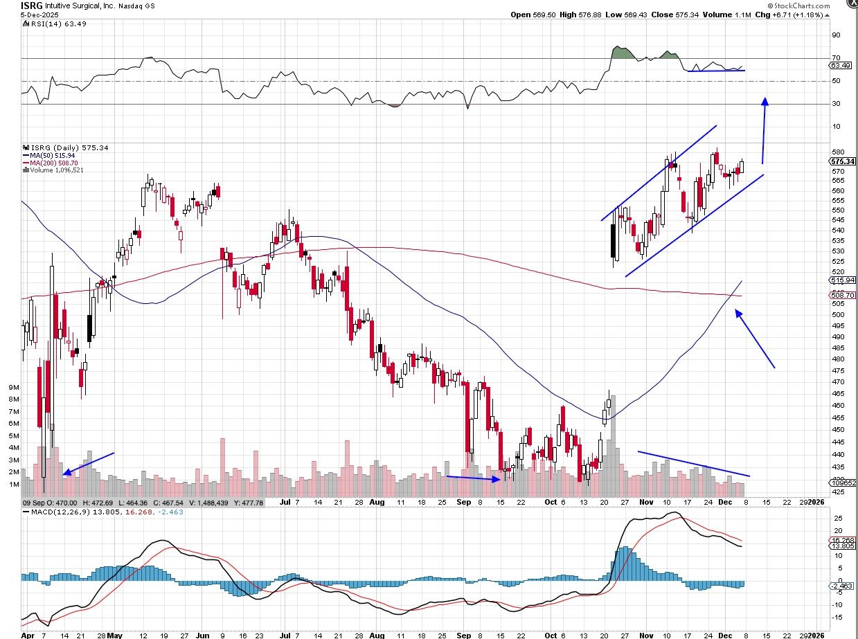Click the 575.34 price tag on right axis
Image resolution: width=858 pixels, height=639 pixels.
[843, 162]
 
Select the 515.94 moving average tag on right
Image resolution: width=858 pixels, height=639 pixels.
[843, 280]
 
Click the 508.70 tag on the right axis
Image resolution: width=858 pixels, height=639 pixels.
[843, 295]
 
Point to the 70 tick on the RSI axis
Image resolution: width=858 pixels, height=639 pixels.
[836, 58]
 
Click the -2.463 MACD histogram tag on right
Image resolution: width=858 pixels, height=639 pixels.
[843, 586]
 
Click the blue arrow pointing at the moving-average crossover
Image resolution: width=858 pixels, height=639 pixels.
[754, 339]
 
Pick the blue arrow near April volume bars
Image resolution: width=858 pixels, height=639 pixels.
[89, 463]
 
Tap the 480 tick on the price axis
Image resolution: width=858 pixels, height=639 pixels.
[837, 359]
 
